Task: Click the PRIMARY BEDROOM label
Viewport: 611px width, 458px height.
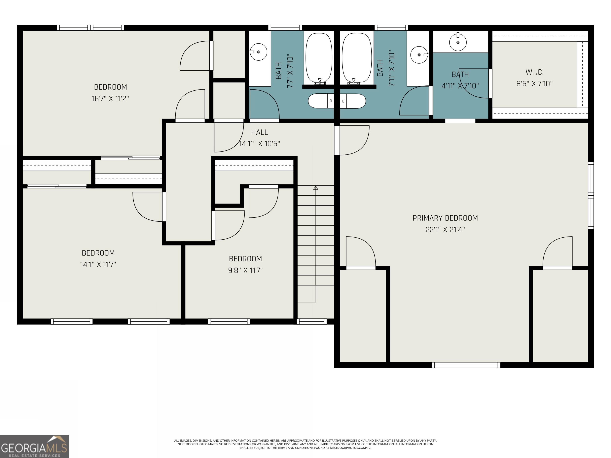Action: (445, 218)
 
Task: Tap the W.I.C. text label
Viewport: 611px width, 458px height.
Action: (534, 72)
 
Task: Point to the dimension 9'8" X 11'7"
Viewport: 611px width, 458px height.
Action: (245, 270)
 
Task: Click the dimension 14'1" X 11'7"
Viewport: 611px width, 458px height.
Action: (98, 264)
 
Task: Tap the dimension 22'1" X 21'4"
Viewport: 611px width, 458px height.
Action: (445, 230)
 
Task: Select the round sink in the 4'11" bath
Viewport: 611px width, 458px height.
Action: (458, 42)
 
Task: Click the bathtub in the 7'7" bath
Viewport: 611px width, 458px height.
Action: (318, 58)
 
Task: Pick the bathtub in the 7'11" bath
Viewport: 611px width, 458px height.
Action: (357, 58)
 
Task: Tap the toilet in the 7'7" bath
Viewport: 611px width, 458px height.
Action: (320, 101)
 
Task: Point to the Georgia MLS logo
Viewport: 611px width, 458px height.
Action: (34, 446)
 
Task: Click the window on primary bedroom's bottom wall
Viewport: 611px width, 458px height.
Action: (466, 365)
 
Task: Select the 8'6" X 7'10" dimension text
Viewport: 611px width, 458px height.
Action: (534, 84)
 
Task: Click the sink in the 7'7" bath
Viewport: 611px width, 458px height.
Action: (258, 52)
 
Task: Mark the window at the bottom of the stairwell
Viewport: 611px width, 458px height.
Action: (312, 321)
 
